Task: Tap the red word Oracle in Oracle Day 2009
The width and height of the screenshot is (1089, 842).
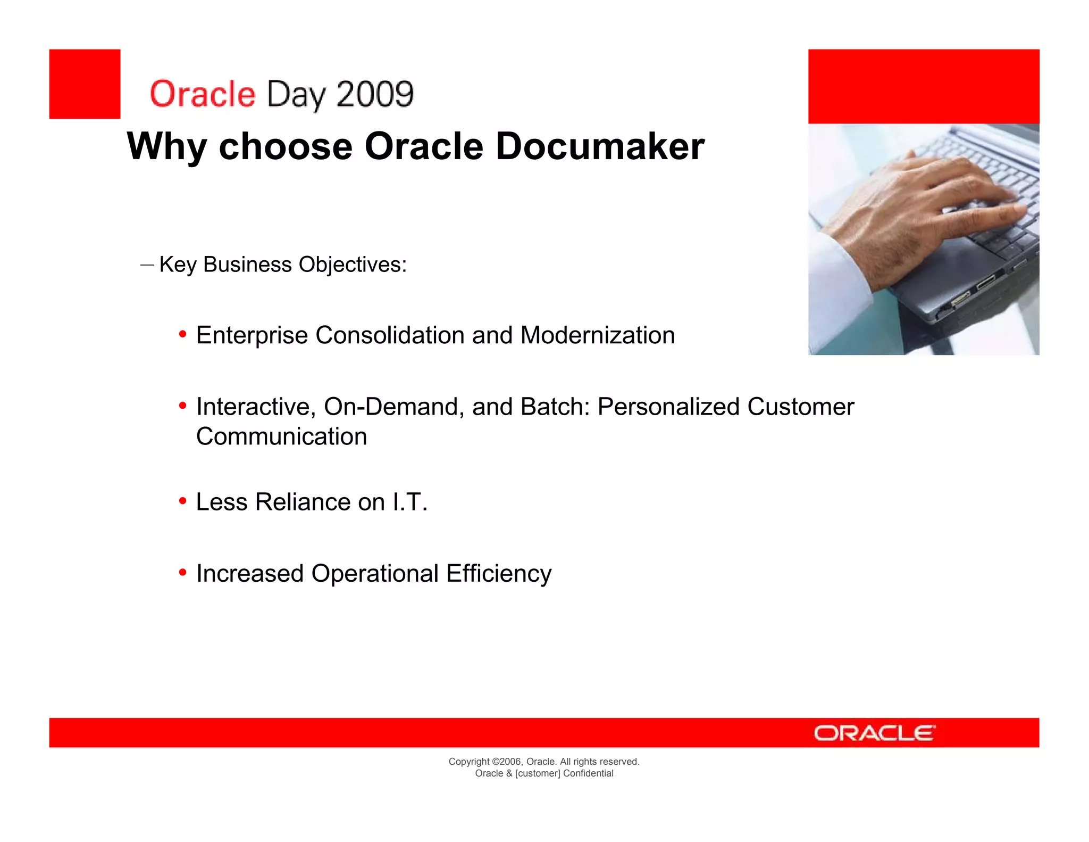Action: (203, 94)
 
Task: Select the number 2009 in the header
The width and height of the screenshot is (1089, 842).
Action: (375, 94)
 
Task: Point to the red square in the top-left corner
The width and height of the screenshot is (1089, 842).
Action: (85, 84)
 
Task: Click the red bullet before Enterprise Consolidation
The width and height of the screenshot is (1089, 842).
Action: (182, 335)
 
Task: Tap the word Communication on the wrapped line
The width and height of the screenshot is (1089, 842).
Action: (281, 436)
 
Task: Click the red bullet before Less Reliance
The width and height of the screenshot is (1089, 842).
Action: (182, 501)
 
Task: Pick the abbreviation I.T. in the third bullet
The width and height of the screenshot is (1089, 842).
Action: (409, 502)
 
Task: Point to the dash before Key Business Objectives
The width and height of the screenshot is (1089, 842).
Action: (147, 265)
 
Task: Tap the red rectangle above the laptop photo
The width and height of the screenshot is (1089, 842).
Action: (923, 86)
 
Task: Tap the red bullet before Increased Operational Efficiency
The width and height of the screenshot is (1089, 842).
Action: (182, 573)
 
